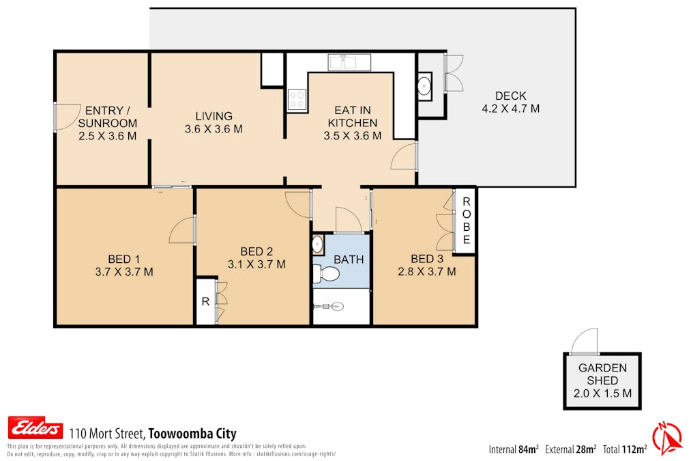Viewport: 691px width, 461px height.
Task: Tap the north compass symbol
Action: (x=667, y=438)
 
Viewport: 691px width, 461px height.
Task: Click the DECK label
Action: (x=511, y=96)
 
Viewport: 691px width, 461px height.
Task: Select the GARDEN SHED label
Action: (x=602, y=374)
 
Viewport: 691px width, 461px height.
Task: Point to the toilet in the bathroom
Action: (x=328, y=275)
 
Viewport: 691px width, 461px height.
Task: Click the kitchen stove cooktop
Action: (x=297, y=100)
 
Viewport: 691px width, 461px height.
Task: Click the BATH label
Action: (x=349, y=260)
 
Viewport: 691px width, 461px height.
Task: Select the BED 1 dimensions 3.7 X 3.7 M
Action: (x=124, y=271)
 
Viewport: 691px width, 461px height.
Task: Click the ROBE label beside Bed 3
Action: (x=467, y=221)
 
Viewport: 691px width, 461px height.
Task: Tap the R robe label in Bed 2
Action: (x=205, y=301)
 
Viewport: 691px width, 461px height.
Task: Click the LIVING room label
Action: (x=214, y=116)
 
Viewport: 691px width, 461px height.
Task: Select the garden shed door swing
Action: (x=586, y=341)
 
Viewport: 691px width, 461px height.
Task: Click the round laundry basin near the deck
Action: (x=424, y=86)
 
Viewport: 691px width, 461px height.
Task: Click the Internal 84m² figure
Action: (x=514, y=449)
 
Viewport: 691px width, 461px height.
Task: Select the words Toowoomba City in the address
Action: (x=192, y=434)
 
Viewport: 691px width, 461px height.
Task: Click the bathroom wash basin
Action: (x=318, y=244)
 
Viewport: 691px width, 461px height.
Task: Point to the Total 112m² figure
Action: (x=624, y=449)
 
